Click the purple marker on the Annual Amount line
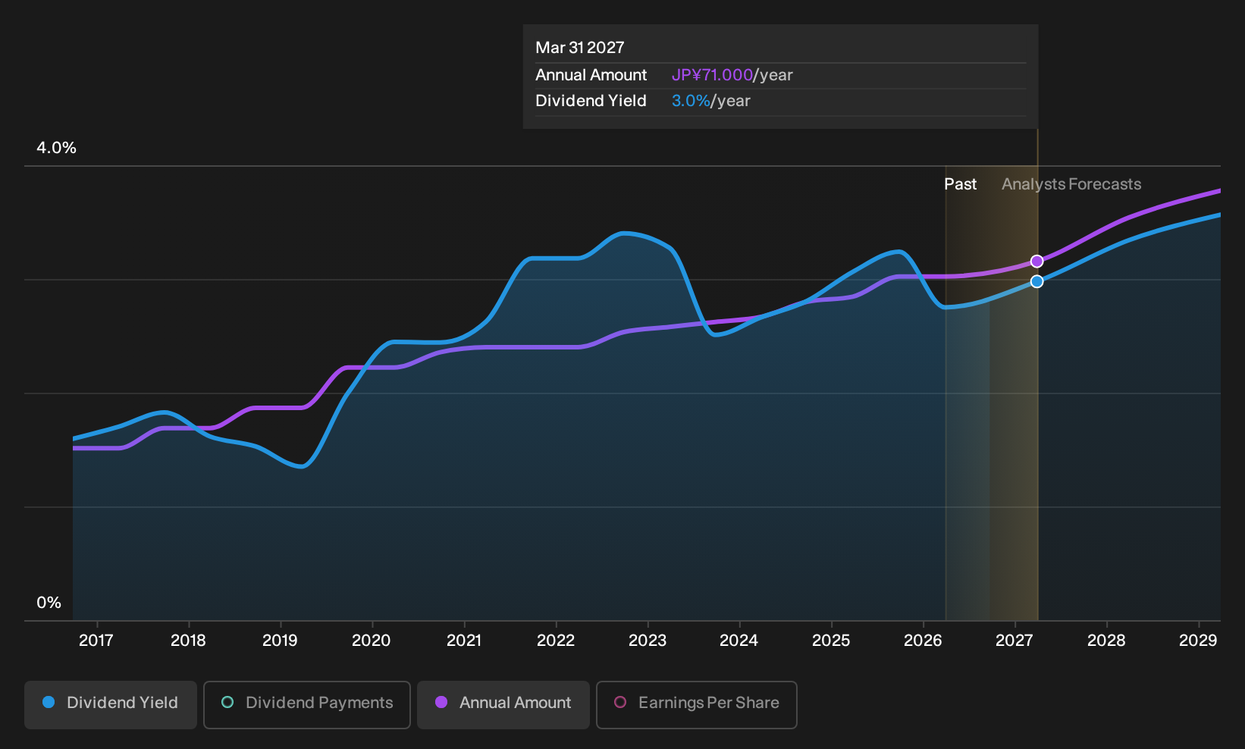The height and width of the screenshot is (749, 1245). click(1036, 261)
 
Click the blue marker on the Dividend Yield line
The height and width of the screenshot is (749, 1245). click(1036, 282)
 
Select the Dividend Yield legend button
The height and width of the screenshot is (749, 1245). click(111, 704)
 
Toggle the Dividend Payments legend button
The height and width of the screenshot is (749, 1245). click(307, 704)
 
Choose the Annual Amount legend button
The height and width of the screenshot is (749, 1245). click(503, 704)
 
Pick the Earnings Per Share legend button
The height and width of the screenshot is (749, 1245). click(696, 704)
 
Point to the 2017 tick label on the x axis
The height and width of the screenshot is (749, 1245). click(96, 641)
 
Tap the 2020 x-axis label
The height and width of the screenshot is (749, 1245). click(372, 641)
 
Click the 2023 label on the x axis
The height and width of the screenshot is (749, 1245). click(648, 641)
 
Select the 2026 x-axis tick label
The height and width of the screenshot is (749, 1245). click(923, 641)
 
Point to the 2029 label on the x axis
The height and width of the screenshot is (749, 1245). click(1198, 641)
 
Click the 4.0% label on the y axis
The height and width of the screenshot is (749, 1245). click(56, 148)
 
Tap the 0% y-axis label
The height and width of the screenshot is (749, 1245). click(49, 603)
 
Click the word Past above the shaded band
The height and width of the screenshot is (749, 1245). click(961, 184)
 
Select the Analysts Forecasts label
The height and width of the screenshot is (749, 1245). click(1071, 184)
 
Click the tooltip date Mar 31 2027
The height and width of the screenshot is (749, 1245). click(580, 48)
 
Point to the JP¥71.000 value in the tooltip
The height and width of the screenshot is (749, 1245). click(712, 75)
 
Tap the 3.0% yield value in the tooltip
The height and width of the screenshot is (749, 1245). click(691, 101)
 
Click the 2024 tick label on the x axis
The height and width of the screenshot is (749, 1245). click(739, 641)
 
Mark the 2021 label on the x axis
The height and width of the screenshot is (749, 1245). click(464, 641)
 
